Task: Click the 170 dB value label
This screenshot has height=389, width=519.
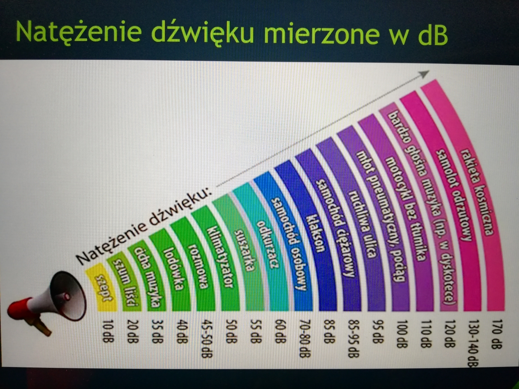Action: (x=497, y=334)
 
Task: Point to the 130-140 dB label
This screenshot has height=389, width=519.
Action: (x=473, y=343)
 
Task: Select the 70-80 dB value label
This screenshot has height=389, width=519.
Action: (x=304, y=339)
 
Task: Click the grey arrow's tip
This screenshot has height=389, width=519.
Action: (x=429, y=71)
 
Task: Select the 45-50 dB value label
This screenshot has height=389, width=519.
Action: (x=206, y=339)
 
